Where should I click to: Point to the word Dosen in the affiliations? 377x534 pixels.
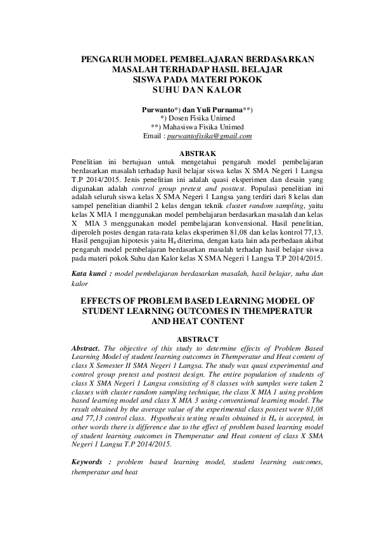click(x=180, y=118)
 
